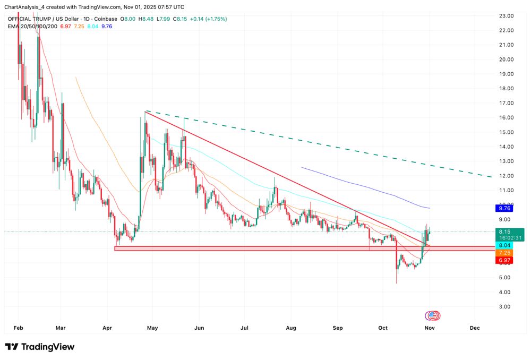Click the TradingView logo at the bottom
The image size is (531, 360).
[40, 347]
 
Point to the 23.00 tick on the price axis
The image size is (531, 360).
[506, 16]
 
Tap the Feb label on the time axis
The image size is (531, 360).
[18, 328]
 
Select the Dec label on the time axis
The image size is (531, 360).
[475, 328]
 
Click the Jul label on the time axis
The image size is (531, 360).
[245, 328]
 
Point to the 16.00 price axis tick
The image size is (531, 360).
[506, 117]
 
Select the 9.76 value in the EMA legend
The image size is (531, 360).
[106, 26]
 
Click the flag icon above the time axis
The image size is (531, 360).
[432, 316]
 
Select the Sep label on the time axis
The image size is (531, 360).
[337, 328]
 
